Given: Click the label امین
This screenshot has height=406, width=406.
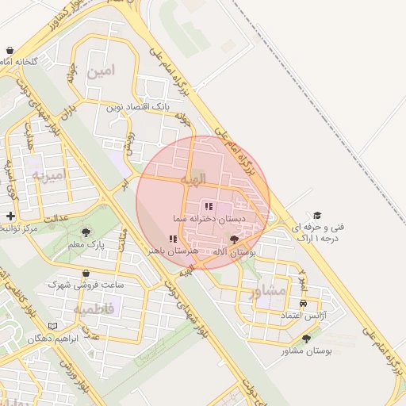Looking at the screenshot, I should tap(101, 71).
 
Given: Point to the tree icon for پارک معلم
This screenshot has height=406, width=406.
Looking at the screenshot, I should tap(86, 232).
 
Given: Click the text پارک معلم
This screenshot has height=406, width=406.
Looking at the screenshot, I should tap(86, 245).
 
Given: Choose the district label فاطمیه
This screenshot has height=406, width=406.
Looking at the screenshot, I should tap(94, 307).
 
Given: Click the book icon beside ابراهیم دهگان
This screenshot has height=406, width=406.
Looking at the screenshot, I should tap(53, 326).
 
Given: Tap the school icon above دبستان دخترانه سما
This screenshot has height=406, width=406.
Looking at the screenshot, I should tap(209, 206).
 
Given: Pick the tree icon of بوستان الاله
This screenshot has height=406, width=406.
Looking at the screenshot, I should tap(233, 239).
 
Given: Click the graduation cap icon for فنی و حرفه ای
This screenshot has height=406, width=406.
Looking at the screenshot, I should tap(317, 215).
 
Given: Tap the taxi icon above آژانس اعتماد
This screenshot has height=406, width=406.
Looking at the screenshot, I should tap(303, 304).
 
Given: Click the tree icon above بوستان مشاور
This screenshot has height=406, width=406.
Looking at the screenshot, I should tap(306, 339).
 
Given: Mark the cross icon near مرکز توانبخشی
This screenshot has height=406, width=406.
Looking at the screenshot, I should tap(10, 216).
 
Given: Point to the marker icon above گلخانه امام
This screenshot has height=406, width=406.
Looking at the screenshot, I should tap(8, 50).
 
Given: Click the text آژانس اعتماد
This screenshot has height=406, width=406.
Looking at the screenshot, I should tap(304, 316).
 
